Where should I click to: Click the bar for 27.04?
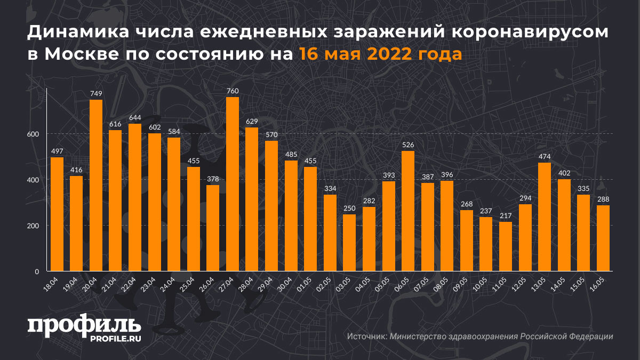point(233,184)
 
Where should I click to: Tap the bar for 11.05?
point(506,246)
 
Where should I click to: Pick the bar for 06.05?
point(408,211)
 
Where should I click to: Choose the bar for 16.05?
point(603,238)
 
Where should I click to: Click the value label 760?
point(233,91)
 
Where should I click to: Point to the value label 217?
point(506,216)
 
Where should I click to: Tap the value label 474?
point(545,157)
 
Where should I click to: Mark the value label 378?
point(213,179)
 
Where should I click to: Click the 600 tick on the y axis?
point(34,134)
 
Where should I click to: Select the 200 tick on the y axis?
point(34,226)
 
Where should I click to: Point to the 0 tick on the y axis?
point(37,271)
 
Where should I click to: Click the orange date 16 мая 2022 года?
point(380,54)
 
